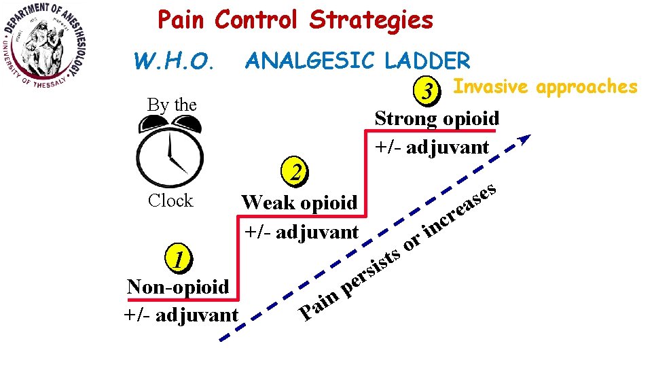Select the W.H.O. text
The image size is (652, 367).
tap(175, 63)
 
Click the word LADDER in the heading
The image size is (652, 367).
tap(427, 61)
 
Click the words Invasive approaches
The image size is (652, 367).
tap(545, 87)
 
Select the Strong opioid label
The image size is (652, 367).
tap(437, 118)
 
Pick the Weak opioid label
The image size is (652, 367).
tap(300, 203)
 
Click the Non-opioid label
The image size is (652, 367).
tap(178, 287)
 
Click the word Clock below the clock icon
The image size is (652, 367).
tap(170, 200)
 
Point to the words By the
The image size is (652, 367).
tap(172, 105)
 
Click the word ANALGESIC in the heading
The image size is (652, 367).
tap(311, 61)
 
